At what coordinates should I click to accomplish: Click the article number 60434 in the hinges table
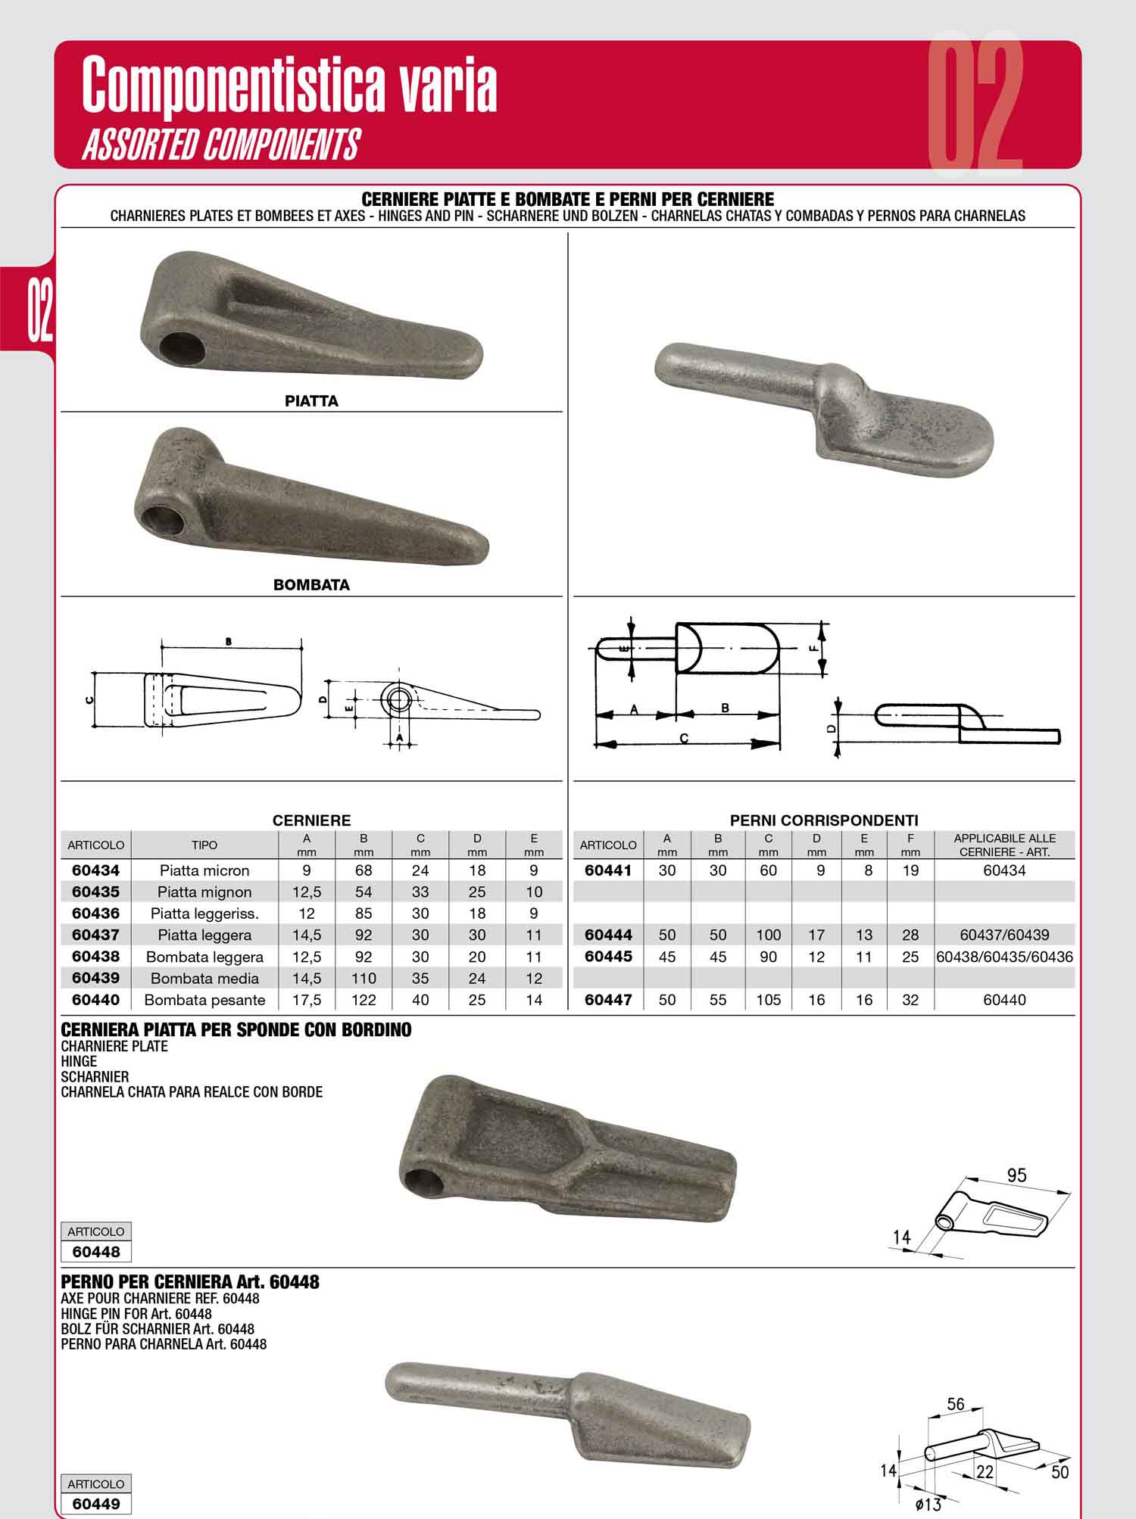click(x=95, y=870)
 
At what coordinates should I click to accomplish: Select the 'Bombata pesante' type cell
click(x=204, y=1000)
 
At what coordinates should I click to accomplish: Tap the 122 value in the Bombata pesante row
click(x=364, y=1000)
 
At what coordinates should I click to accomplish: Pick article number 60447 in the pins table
click(x=608, y=1000)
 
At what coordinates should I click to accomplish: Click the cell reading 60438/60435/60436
click(x=1004, y=957)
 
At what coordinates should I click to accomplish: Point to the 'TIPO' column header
click(x=204, y=845)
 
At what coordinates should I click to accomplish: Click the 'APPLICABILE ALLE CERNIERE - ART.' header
click(x=1004, y=845)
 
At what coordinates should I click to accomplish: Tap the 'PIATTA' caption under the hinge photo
click(x=311, y=401)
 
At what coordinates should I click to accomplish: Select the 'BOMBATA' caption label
click(x=311, y=585)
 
